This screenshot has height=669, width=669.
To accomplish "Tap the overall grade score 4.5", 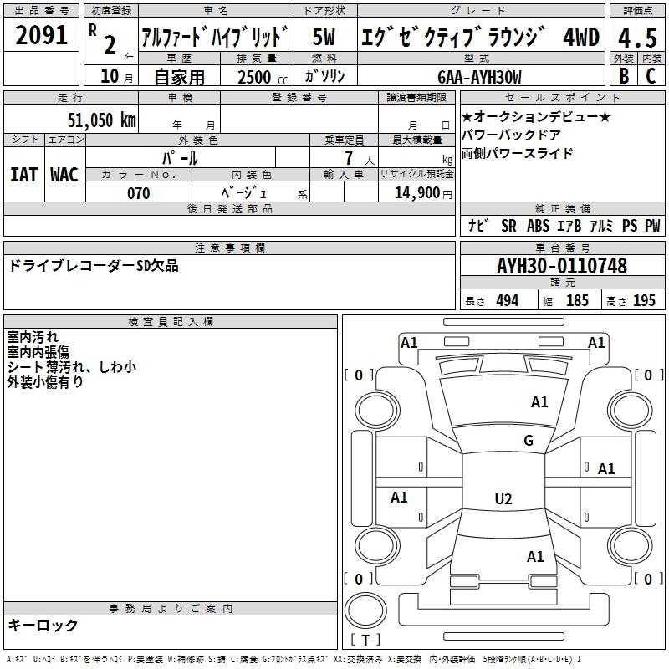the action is [x=636, y=38].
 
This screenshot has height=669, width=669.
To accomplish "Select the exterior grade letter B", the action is [x=623, y=76].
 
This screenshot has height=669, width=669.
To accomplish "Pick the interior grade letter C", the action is [x=651, y=76].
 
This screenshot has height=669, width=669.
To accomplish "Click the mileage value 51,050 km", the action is [x=101, y=120].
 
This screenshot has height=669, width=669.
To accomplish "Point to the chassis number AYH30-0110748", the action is [x=561, y=266].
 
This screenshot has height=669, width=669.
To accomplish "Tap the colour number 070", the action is [x=138, y=193].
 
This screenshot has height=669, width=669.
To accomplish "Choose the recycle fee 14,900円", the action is [x=422, y=193].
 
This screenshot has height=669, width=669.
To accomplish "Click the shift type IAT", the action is [x=23, y=174].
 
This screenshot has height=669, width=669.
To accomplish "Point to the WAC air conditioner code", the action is [x=64, y=174].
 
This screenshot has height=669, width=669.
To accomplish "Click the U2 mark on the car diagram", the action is [x=503, y=499].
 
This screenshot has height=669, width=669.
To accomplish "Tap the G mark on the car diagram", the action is [x=529, y=441].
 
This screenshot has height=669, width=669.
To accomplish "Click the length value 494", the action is [x=506, y=301].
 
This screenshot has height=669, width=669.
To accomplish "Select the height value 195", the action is [x=644, y=301].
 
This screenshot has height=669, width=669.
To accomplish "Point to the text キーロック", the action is [x=43, y=625].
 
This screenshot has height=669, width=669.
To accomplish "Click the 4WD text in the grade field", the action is [x=580, y=38].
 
